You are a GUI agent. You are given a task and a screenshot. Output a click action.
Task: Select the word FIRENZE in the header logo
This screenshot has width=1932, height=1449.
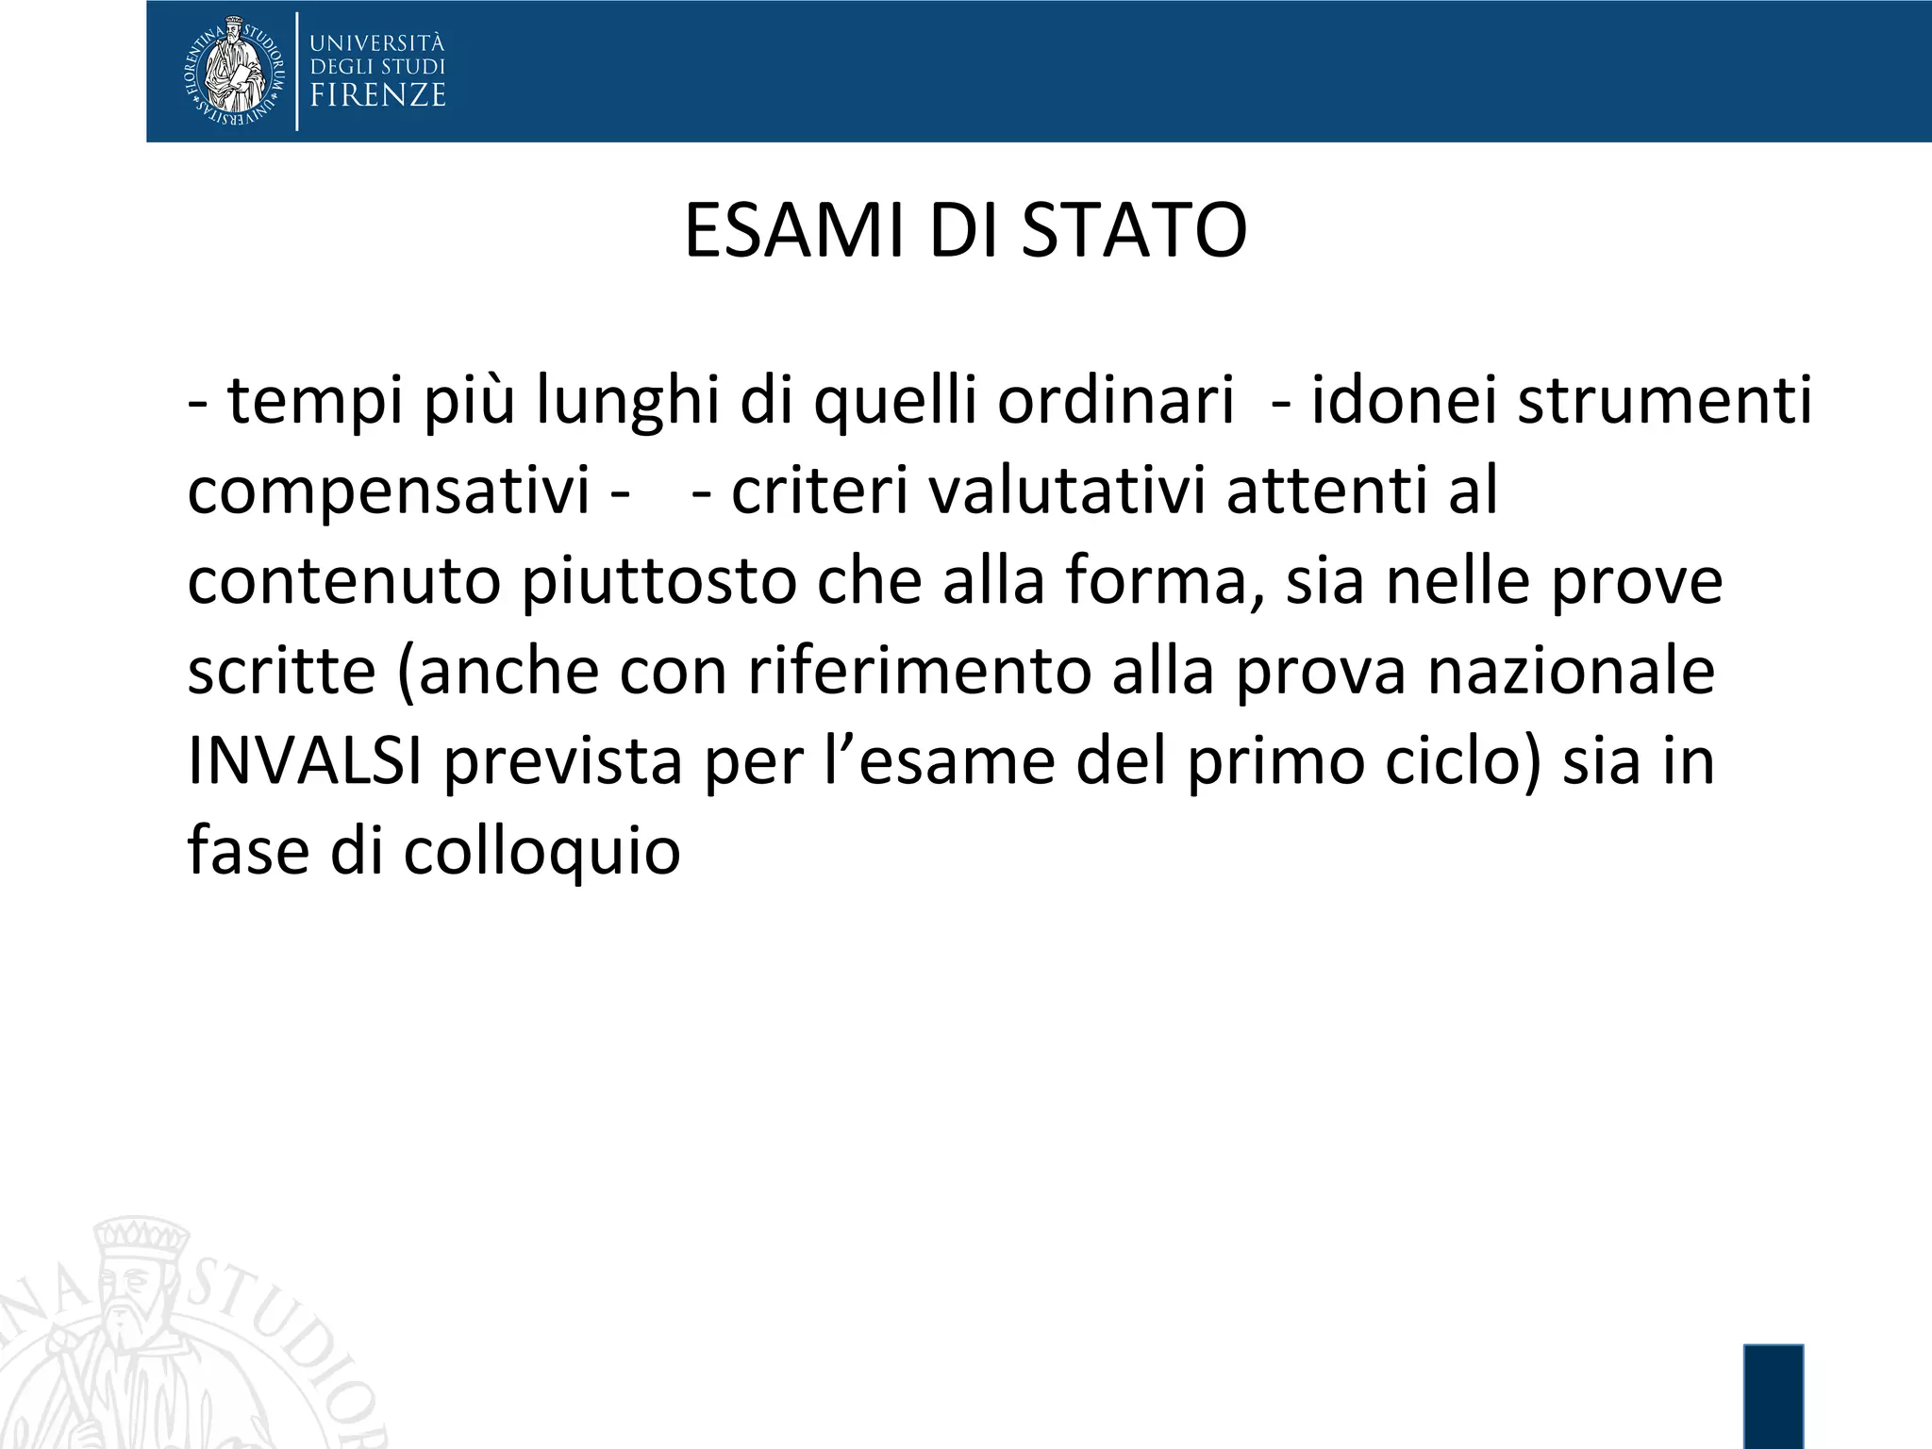(x=377, y=95)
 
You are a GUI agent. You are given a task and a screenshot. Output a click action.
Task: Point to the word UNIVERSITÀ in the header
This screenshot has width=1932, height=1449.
(x=377, y=42)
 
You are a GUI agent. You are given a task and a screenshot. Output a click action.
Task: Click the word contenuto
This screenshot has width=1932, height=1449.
(x=343, y=582)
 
